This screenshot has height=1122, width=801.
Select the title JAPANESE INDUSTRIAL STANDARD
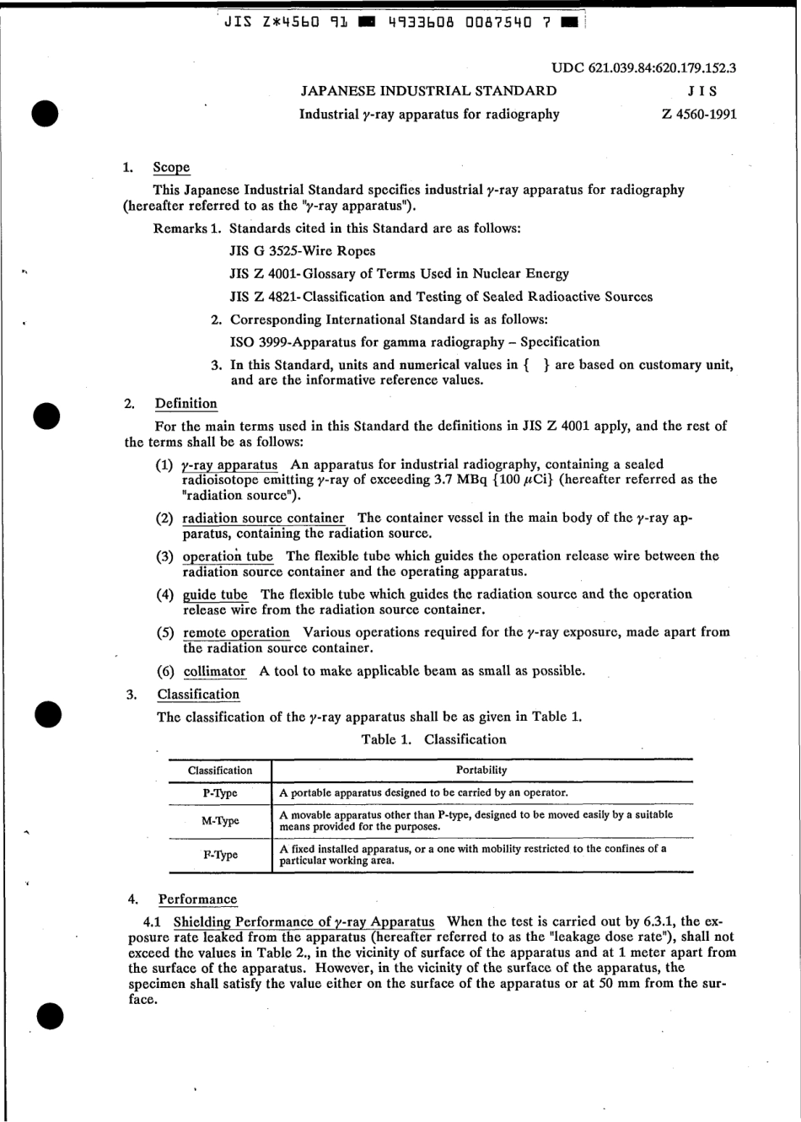coord(428,91)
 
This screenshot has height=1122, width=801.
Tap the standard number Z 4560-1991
coord(699,114)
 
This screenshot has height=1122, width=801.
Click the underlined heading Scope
coord(171,168)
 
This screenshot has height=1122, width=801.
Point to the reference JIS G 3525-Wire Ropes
coord(303,251)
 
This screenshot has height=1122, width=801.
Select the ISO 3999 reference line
coord(415,342)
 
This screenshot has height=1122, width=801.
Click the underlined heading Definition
coord(185,404)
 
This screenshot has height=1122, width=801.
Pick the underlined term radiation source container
coord(263,518)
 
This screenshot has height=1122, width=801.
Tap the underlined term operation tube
coord(228,556)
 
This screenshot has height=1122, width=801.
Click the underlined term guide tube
coord(215,594)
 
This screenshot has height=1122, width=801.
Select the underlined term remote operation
coord(236,632)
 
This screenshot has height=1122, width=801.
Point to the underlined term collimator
coord(214,672)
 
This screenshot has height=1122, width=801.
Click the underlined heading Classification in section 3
coord(198,695)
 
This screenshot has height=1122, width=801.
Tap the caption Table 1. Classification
coord(433,740)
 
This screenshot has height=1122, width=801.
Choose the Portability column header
coord(481,770)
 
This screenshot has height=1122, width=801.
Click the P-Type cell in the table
coord(220,793)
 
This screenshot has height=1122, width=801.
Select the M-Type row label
coord(220,821)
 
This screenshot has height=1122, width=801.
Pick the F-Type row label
coord(220,855)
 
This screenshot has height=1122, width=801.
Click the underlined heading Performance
coord(197,899)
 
